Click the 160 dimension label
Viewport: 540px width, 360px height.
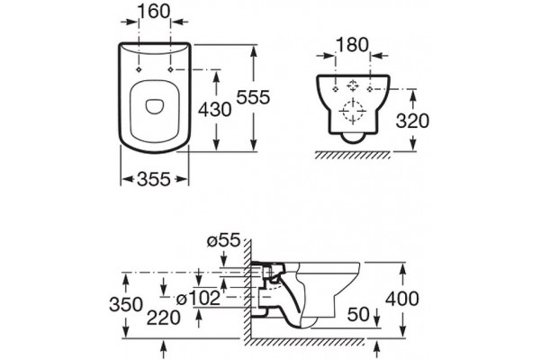click(x=154, y=12)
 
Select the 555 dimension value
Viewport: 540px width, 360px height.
click(x=253, y=97)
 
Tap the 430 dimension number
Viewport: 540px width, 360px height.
click(x=215, y=110)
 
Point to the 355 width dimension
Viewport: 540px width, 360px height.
click(x=154, y=179)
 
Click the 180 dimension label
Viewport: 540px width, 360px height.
click(x=352, y=45)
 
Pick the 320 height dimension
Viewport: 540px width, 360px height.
click(x=412, y=121)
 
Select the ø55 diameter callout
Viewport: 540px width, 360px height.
click(x=223, y=241)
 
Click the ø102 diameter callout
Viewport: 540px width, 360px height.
click(x=198, y=298)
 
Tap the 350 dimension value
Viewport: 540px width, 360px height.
click(x=126, y=304)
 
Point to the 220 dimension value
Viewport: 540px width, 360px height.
click(x=164, y=318)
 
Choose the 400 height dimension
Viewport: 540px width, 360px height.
click(x=402, y=298)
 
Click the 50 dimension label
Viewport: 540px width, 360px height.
click(x=358, y=314)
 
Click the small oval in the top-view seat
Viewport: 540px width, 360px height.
click(x=155, y=106)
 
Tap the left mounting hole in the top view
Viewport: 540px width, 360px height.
click(x=139, y=69)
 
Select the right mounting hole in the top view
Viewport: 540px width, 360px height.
click(x=170, y=69)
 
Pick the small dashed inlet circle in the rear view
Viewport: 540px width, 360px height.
click(x=353, y=85)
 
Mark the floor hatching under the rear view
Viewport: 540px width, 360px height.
click(x=353, y=156)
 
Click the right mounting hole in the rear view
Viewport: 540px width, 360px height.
click(x=370, y=89)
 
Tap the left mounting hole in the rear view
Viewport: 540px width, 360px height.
click(x=336, y=89)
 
